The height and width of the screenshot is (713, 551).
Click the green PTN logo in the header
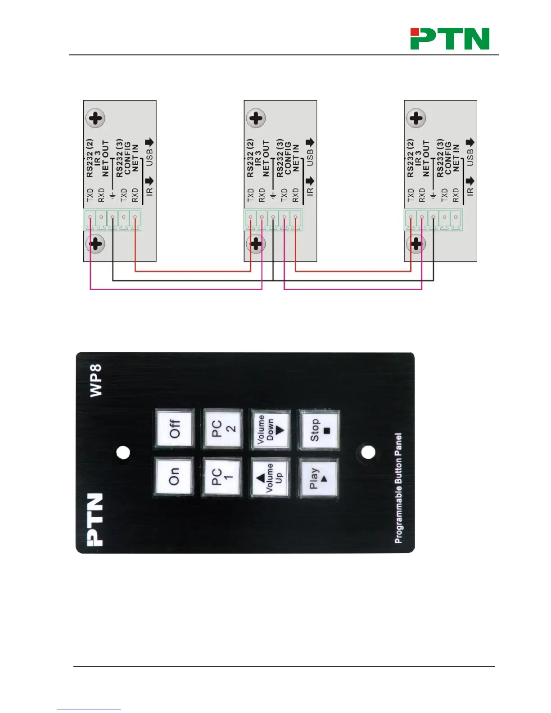(x=450, y=39)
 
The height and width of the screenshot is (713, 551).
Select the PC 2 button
(x=223, y=429)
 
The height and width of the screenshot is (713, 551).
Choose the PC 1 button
(x=222, y=477)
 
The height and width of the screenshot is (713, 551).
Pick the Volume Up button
(x=270, y=478)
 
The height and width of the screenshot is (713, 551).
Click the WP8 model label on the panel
(x=96, y=380)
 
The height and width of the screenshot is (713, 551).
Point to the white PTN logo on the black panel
(x=95, y=520)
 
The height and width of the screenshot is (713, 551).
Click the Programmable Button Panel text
(x=398, y=488)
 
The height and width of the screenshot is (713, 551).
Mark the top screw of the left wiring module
(x=95, y=119)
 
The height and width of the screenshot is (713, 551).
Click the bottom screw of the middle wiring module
(x=256, y=244)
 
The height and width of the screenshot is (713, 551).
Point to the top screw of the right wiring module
(x=416, y=118)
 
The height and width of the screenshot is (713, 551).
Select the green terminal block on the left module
(x=113, y=219)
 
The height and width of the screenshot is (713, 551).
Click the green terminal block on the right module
(x=433, y=220)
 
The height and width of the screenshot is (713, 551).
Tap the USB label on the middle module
(x=310, y=158)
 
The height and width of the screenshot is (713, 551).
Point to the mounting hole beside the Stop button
(x=368, y=452)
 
